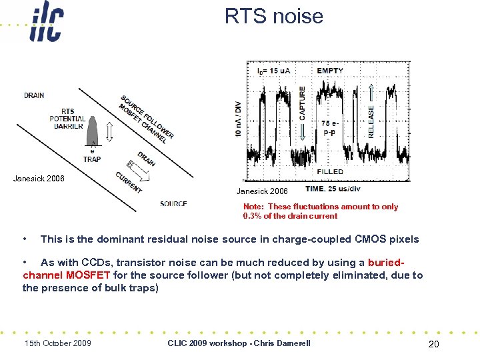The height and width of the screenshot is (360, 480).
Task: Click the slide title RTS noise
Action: point(273,15)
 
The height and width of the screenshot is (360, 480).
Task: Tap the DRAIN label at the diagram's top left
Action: point(34,95)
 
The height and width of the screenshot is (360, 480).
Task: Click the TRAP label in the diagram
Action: point(92,159)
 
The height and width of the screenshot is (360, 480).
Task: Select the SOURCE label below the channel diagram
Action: point(173,203)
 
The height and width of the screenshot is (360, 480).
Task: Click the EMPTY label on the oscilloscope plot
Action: point(330,70)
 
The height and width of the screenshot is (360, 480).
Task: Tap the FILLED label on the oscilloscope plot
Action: point(330,171)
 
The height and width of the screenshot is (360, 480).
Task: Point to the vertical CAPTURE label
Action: point(303,103)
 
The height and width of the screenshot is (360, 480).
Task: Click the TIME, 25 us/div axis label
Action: point(333,189)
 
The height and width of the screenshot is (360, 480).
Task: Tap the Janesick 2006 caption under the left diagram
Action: point(39,178)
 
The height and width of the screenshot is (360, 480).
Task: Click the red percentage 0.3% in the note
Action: point(253,216)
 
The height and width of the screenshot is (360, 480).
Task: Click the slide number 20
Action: point(434,343)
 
